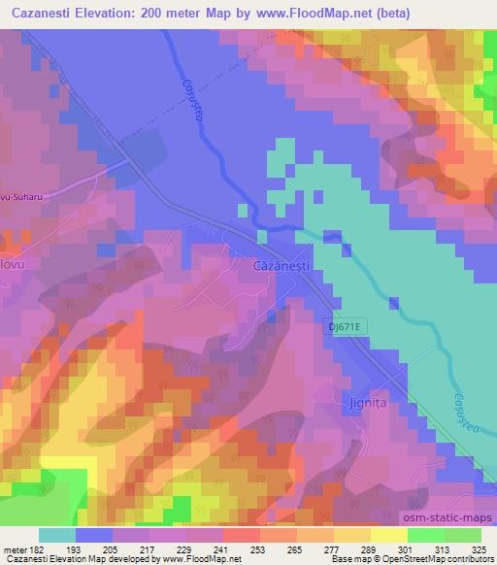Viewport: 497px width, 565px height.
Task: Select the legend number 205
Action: coord(114,549)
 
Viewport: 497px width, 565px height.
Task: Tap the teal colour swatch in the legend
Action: coord(57,535)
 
